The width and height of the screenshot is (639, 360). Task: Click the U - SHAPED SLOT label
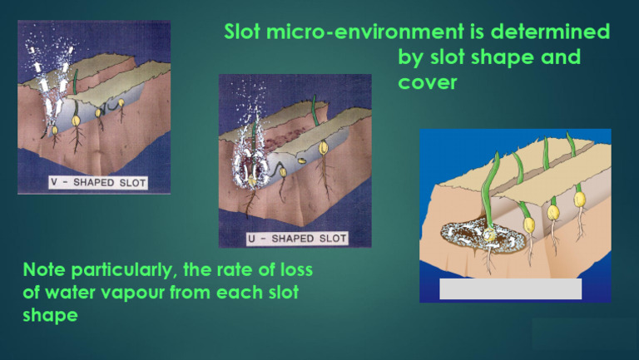pyautogui.click(x=297, y=238)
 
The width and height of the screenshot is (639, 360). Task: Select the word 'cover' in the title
pyautogui.click(x=428, y=83)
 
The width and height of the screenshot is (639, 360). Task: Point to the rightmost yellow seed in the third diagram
pyautogui.click(x=579, y=200)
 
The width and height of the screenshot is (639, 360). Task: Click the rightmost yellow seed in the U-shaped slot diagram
pyautogui.click(x=322, y=147)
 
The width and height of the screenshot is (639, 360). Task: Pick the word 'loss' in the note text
pyautogui.click(x=295, y=270)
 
